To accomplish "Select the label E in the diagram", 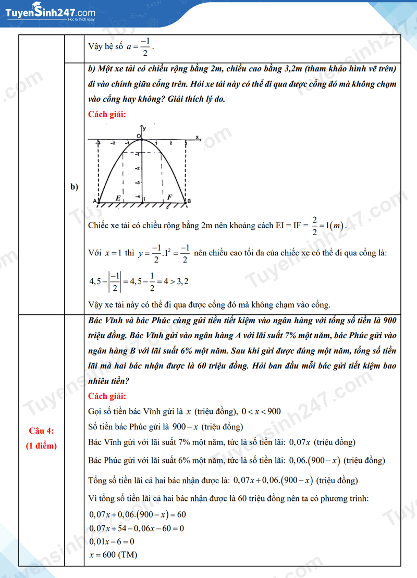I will [x=118, y=198].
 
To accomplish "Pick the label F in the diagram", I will [x=169, y=197].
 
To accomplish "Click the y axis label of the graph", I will [x=144, y=128].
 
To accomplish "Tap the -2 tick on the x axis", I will [x=113, y=142].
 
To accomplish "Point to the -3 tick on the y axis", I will [x=137, y=182].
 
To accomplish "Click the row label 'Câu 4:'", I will [x=41, y=431].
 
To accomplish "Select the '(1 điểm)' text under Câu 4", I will [x=41, y=445].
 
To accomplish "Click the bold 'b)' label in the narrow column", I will [x=74, y=187].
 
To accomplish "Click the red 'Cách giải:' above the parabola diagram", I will [x=107, y=114].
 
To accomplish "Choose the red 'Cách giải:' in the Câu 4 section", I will [x=107, y=396].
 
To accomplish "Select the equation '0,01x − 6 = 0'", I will [x=112, y=541].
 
